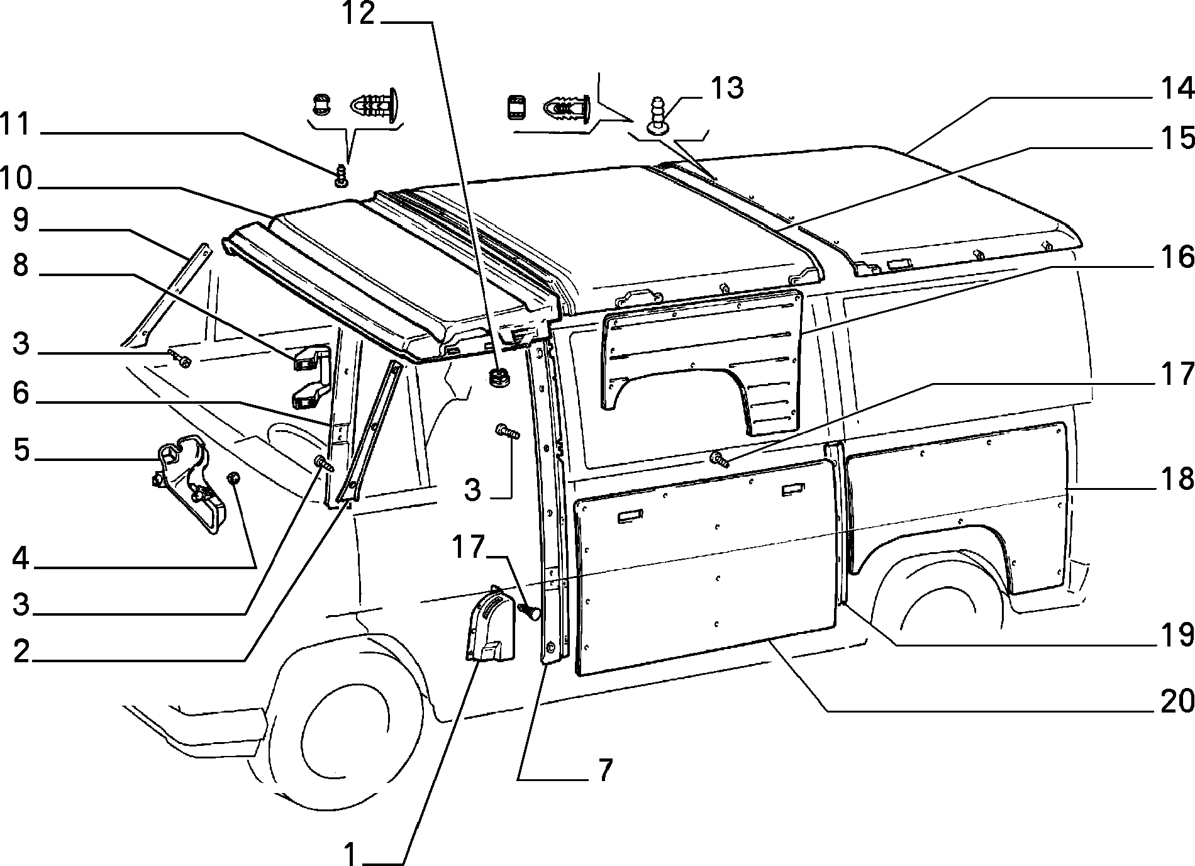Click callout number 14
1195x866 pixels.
coord(1174,89)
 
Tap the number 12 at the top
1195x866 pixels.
coord(358,14)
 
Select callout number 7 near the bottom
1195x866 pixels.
coord(604,771)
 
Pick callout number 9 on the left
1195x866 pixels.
coord(21,221)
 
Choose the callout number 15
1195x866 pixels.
coord(1175,138)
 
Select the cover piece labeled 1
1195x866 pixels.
coord(491,626)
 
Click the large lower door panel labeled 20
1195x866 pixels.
coord(704,566)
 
